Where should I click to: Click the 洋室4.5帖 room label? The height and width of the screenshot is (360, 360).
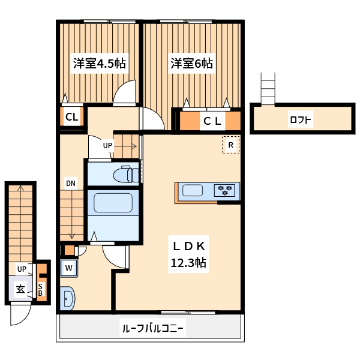[x=99, y=63]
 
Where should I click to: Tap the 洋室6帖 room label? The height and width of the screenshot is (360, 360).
[x=191, y=63]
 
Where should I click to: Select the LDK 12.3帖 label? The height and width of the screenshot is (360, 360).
[x=190, y=254]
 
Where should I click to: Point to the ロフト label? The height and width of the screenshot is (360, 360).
[x=300, y=119]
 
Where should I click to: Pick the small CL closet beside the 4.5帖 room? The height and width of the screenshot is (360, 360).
[x=71, y=117]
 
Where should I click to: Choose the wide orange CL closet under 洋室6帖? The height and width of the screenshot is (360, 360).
[x=212, y=121]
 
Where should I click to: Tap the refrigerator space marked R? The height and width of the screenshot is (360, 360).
[x=230, y=145]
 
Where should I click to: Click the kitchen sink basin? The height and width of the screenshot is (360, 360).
[x=193, y=191]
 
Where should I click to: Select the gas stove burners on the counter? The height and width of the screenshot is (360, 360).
[x=226, y=191]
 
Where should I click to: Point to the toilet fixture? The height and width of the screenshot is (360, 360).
[x=127, y=173]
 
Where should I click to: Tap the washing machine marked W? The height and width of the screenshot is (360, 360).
[x=68, y=268]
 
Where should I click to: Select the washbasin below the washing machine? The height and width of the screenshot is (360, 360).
[x=67, y=297]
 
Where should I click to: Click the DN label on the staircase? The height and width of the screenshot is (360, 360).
[x=71, y=184]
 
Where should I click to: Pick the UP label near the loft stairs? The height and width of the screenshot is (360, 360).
[x=107, y=145]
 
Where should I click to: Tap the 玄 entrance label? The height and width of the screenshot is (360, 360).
[x=20, y=289]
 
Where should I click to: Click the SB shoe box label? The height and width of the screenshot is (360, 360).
[x=41, y=289]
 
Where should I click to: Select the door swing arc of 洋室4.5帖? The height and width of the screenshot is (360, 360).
[x=126, y=94]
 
